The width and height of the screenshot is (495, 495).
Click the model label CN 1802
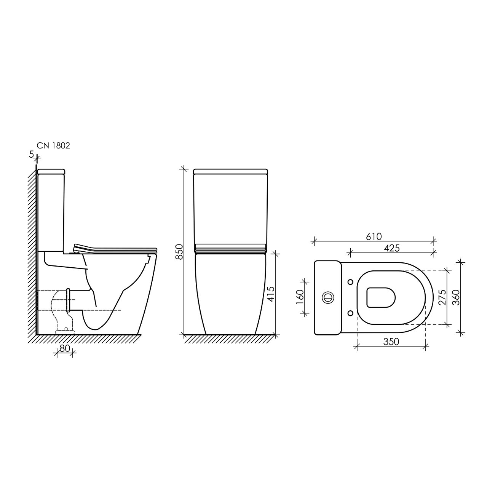point(53,146)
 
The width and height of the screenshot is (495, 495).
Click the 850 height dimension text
point(179,252)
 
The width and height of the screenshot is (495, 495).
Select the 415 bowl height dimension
point(271,294)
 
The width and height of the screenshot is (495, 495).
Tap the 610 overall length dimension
point(374,236)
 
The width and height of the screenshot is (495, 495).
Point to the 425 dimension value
point(392,248)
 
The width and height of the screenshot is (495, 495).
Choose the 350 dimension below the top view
point(391,342)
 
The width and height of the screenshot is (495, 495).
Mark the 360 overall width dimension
point(456,297)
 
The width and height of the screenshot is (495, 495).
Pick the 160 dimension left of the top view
point(300,297)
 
